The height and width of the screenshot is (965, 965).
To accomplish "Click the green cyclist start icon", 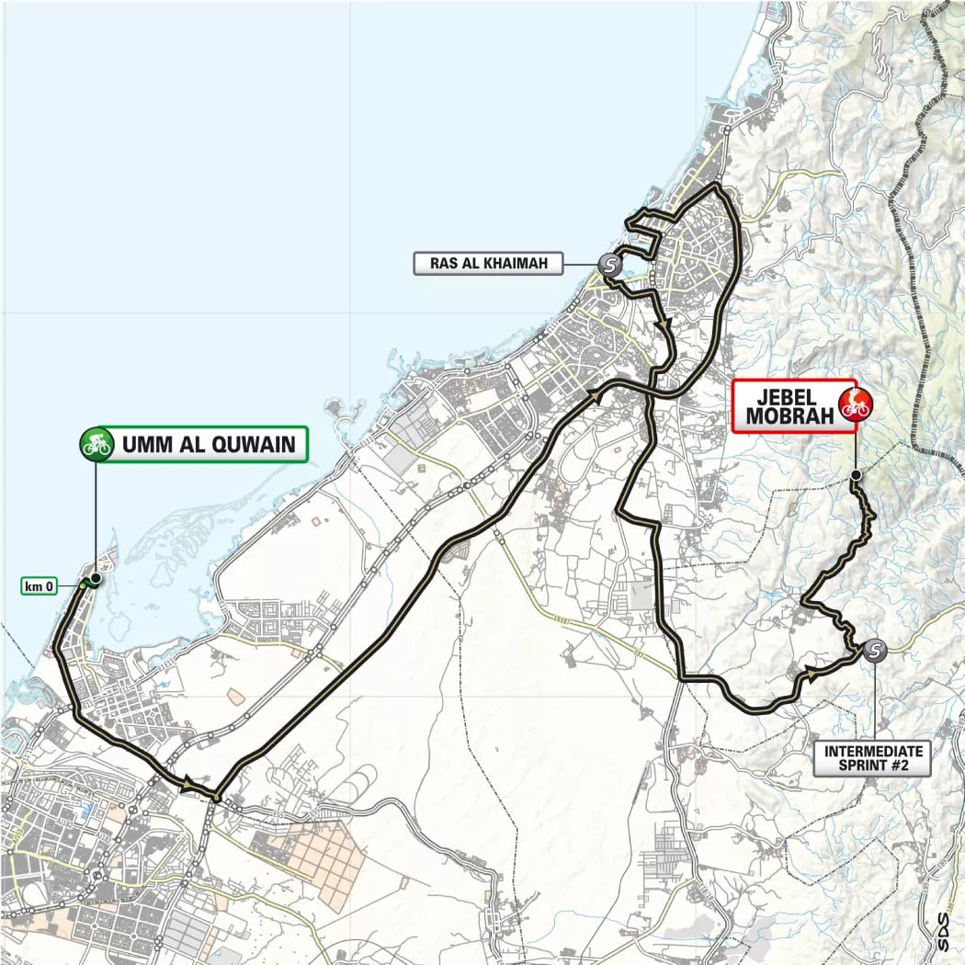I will pos(96,445).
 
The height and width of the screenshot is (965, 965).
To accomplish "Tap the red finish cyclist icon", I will pos(855,403).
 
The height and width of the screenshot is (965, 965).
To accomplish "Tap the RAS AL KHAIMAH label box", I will pos(488,265).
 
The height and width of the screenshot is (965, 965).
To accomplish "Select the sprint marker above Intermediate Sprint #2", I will pos(875,651).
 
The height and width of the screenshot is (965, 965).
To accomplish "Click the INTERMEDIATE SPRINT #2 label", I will pos(872,759).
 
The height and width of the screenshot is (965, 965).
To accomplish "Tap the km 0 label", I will pos(40,585).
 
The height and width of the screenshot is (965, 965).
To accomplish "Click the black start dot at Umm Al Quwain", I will pos(96,580).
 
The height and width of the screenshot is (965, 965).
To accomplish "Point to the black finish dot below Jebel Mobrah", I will pos(856,475).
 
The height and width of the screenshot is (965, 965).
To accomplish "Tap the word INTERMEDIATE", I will pos(872,752).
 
